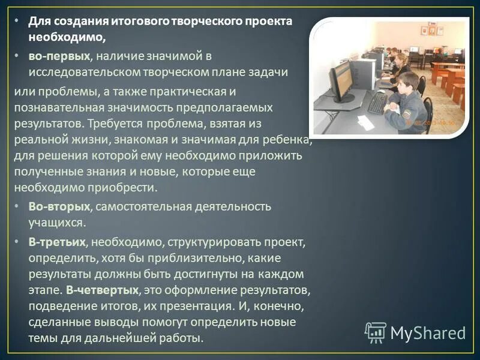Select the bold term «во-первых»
click(59, 56)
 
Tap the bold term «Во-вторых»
click(59, 206)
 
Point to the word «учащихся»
click(56, 222)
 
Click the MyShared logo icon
click(376, 332)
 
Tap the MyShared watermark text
click(428, 332)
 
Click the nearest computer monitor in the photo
click(341, 82)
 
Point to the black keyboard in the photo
click(377, 103)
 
